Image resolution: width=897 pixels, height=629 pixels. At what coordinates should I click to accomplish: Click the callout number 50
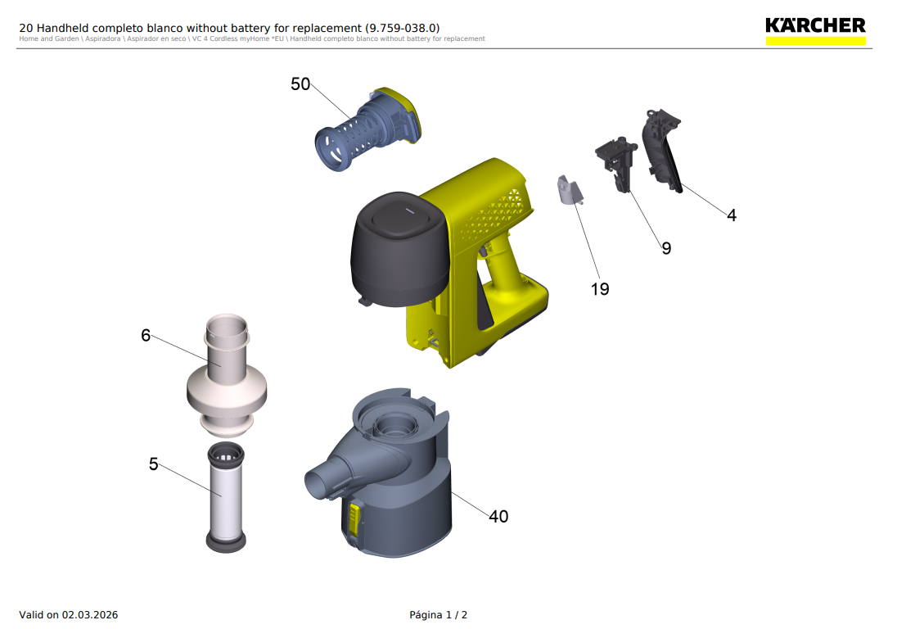(x=300, y=84)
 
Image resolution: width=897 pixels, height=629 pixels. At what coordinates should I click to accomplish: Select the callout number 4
(x=732, y=215)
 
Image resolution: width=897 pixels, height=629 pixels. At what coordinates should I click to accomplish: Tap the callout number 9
(x=666, y=248)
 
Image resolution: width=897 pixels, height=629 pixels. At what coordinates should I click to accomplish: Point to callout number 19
(x=600, y=289)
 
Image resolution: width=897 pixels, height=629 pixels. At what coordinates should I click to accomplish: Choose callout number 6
(x=146, y=336)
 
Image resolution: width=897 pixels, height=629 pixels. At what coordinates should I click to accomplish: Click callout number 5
(x=153, y=464)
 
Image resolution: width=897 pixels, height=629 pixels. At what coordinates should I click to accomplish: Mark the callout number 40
(x=498, y=516)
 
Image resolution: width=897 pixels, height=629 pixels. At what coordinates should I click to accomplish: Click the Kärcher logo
(x=815, y=31)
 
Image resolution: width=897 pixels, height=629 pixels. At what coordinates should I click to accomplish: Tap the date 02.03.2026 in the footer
(x=90, y=615)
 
